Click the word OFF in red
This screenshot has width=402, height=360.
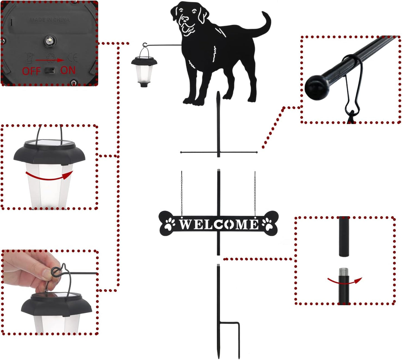(x=31, y=71)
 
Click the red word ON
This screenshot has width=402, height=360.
(x=68, y=70)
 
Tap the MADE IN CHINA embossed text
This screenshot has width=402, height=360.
(x=50, y=20)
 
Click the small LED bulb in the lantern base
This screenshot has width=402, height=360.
(x=50, y=41)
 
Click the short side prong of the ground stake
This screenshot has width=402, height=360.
(x=239, y=339)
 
